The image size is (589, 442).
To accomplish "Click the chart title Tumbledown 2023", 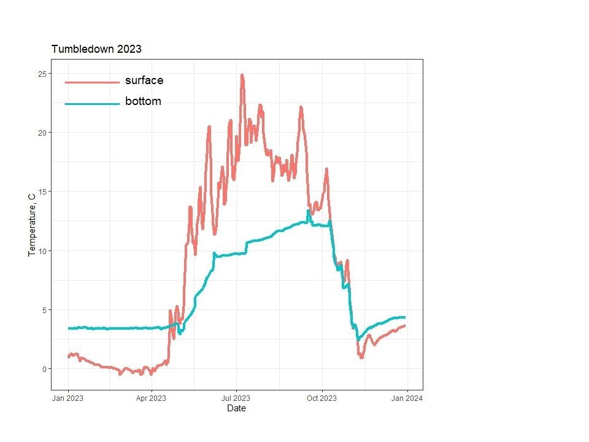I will pos(96,49).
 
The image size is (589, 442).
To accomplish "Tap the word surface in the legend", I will pos(144,80).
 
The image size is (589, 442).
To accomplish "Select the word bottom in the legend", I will pos(143,102).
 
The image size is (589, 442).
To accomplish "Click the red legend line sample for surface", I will pos(92,82).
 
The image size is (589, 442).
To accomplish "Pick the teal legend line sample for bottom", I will pos(92,104).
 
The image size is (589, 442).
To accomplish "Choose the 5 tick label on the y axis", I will pos(44,310).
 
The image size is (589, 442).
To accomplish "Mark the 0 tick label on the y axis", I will pos(44,369).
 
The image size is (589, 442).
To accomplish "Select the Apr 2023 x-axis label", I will pos(150,398).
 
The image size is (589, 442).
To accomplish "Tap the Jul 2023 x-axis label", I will pos(235,398).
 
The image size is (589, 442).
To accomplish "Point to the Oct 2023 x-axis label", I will pos(321,398).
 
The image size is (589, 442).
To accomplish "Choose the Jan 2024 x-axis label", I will pos(406,398).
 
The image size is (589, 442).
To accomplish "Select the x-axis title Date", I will pos(236,408).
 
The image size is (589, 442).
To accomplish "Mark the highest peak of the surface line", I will pos(242,76).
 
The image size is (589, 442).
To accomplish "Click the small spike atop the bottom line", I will pos(309,211).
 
